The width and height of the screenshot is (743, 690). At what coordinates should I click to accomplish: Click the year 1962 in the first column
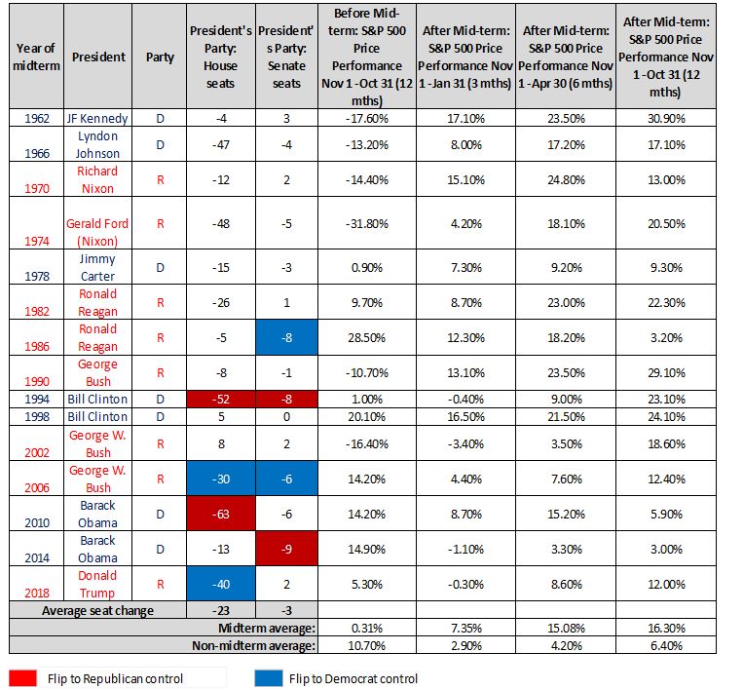tap(35, 119)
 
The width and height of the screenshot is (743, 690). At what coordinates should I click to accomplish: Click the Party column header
tap(160, 57)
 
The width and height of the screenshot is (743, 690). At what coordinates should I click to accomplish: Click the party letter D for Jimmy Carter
tap(160, 266)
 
